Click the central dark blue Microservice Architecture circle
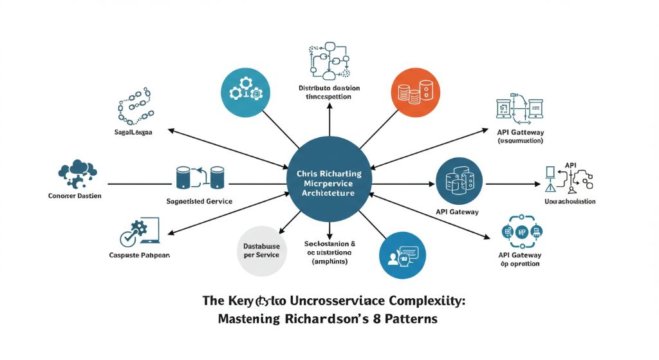pos(329,180)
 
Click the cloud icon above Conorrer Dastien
pos(77,171)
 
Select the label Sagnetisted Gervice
pos(200,201)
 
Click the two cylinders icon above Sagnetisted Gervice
pos(199,177)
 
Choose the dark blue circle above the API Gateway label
pos(459,182)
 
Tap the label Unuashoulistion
pos(570,202)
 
